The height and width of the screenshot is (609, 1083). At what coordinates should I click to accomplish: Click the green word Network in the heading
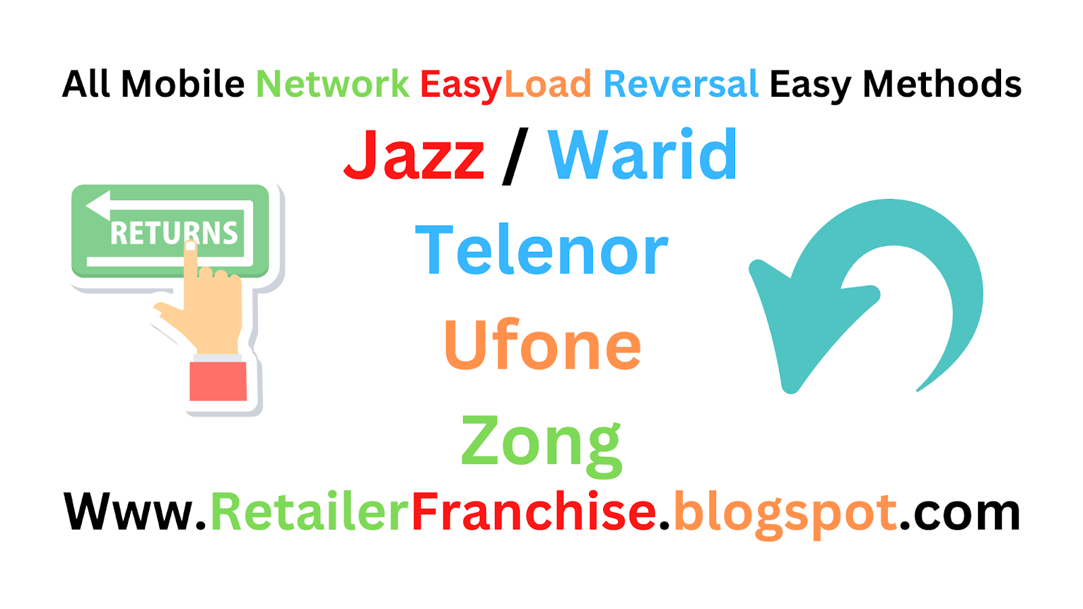[x=332, y=84]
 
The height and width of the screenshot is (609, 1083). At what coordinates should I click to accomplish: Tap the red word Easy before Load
[x=461, y=85]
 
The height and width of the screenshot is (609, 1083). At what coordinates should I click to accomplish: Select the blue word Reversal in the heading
[x=680, y=84]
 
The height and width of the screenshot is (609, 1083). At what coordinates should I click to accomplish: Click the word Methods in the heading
[x=942, y=84]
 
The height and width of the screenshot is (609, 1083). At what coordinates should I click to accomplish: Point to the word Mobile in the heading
[x=183, y=84]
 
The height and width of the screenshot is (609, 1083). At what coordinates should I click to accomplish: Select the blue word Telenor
[x=541, y=250]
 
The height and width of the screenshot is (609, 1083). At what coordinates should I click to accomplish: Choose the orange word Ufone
[x=542, y=345]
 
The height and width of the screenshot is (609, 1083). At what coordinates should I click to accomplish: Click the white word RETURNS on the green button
[x=174, y=233]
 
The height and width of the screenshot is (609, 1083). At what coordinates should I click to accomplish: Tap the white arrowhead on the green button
[x=98, y=205]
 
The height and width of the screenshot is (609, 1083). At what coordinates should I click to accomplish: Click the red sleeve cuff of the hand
[x=218, y=381]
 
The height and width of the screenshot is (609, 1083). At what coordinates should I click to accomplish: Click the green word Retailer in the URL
[x=310, y=512]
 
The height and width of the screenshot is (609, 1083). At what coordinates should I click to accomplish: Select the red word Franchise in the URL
[x=533, y=512]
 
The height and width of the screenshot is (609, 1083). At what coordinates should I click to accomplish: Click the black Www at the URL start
[x=129, y=512]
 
